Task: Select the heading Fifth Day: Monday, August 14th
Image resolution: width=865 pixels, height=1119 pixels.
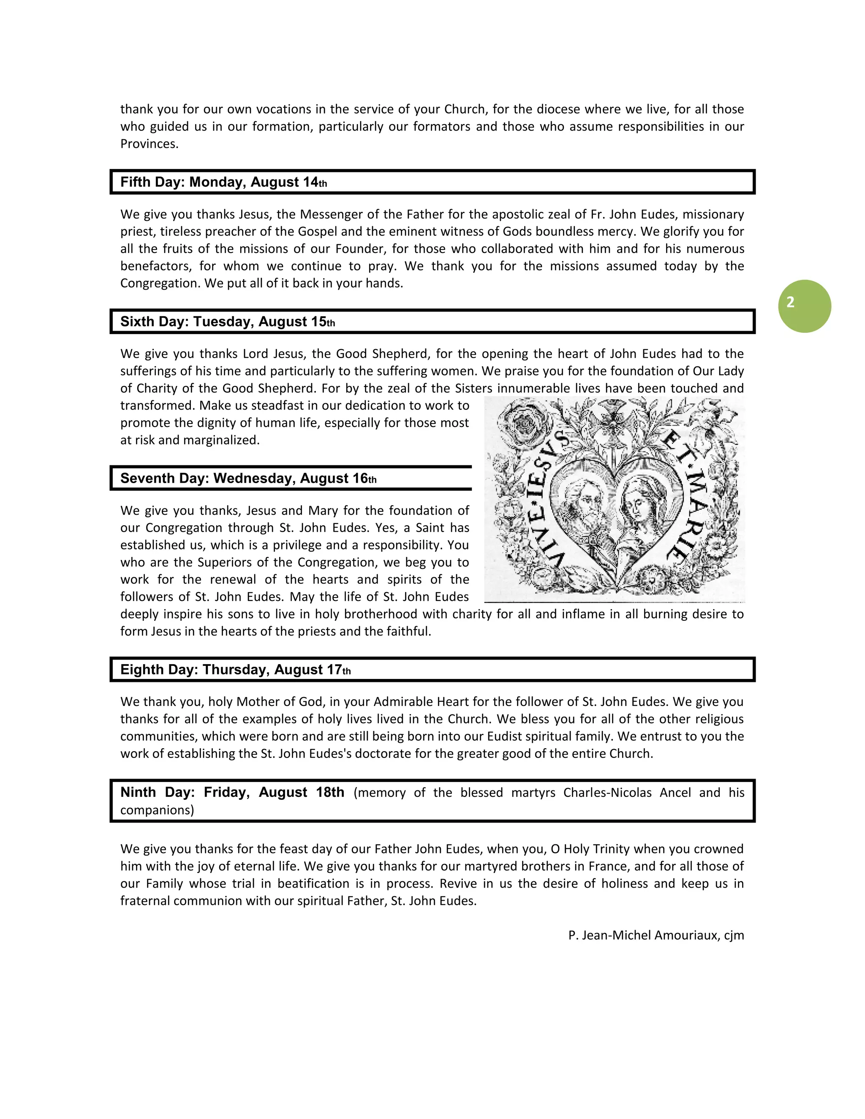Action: click(x=223, y=182)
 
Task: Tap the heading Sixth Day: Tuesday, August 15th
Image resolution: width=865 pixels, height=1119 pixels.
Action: click(x=228, y=321)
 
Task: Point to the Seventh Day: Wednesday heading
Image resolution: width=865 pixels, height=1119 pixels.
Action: click(x=248, y=478)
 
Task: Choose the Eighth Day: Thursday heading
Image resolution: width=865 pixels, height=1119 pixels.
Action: click(x=235, y=669)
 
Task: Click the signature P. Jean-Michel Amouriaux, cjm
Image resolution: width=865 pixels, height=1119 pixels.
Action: click(x=656, y=935)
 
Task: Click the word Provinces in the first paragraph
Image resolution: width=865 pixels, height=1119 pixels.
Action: click(x=149, y=144)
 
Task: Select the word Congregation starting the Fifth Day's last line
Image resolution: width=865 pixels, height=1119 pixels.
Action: click(x=160, y=283)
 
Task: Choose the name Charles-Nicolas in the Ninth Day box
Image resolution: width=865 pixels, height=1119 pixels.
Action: click(x=607, y=793)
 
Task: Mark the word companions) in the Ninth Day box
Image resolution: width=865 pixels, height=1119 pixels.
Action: click(x=157, y=810)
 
